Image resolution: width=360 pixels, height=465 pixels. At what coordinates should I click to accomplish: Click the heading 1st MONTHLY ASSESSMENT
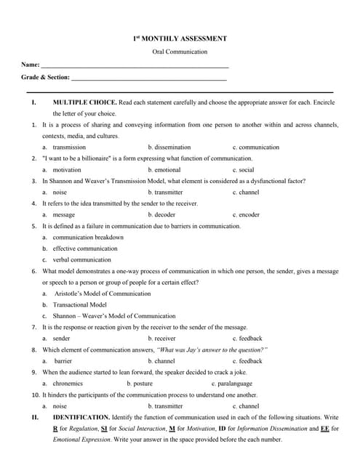click(180, 39)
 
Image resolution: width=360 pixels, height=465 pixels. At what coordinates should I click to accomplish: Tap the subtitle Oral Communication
click(180, 52)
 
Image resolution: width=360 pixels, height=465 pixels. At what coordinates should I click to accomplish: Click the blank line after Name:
click(135, 65)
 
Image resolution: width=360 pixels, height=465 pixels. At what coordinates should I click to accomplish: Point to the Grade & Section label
click(45, 77)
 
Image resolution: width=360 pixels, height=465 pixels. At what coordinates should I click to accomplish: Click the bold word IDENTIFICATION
click(81, 418)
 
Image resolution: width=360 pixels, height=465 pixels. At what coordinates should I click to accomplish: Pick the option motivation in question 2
click(67, 169)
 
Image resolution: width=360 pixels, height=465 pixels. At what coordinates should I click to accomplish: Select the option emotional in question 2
click(167, 169)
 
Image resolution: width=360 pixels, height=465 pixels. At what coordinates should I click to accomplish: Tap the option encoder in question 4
click(248, 214)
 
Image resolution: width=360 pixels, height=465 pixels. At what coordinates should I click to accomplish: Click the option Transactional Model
click(80, 304)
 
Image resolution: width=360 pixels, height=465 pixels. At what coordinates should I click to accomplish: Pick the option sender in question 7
click(62, 339)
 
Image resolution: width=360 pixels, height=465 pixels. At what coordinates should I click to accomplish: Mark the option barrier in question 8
click(63, 361)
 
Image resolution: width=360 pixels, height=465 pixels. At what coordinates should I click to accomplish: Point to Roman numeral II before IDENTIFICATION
click(34, 418)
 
